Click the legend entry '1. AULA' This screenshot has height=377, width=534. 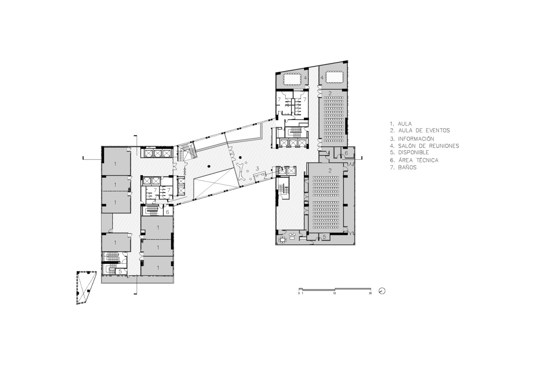(401, 124)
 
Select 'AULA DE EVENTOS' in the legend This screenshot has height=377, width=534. (420, 130)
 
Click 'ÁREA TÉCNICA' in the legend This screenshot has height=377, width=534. (414, 160)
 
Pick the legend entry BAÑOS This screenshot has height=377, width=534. (403, 167)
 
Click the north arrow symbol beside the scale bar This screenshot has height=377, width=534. (382, 291)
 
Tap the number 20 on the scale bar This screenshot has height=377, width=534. (370, 293)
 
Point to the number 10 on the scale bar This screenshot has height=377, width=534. (334, 293)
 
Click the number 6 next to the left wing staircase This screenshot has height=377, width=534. (168, 212)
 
